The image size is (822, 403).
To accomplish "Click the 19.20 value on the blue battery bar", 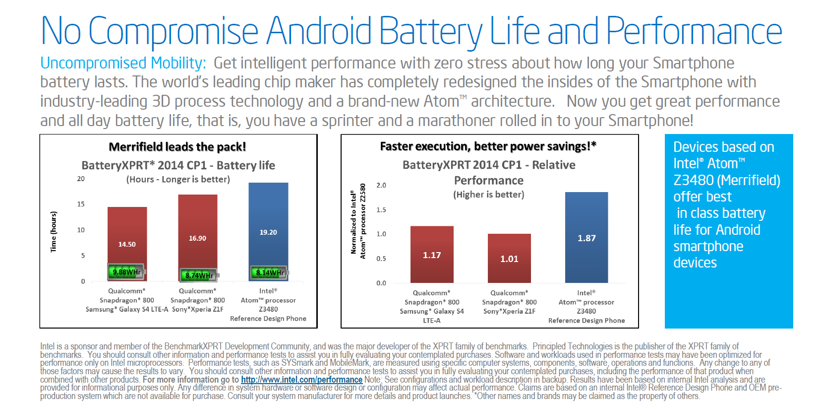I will click(268, 232).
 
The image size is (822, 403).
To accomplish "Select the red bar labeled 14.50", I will click(127, 233).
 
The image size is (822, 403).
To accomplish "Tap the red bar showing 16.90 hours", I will click(197, 228).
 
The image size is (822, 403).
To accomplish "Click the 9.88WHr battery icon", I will click(126, 272).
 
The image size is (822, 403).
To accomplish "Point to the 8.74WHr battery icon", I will click(198, 275).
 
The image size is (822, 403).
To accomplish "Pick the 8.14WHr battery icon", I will click(270, 272).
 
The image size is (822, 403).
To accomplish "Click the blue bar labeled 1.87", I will click(587, 237).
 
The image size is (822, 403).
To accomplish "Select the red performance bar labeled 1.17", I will click(432, 254).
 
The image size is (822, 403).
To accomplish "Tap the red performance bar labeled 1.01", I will click(509, 258).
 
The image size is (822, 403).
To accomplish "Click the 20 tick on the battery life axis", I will click(81, 179).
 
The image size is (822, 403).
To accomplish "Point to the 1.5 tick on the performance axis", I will click(381, 210).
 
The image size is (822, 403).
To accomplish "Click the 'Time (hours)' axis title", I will click(54, 232).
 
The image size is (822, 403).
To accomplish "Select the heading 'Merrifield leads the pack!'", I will click(177, 147).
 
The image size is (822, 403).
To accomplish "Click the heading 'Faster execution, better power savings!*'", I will click(488, 146).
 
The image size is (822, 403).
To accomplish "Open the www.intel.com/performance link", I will click(301, 380).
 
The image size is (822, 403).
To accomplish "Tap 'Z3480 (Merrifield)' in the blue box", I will click(726, 180).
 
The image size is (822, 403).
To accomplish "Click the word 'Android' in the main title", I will click(319, 31).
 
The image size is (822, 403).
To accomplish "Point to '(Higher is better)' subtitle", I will click(488, 195).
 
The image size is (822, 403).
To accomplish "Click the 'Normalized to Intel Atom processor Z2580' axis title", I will click(358, 221).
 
